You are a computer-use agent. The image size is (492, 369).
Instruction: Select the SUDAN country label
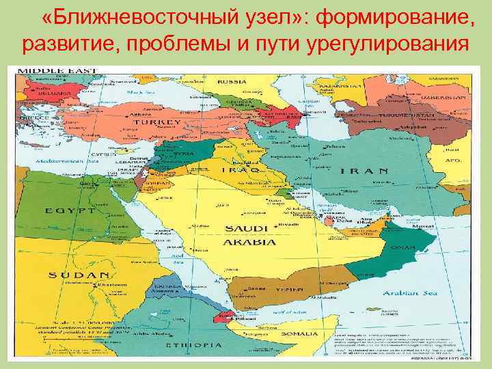click(x=74, y=275)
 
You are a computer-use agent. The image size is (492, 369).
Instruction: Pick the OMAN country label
click(x=403, y=249)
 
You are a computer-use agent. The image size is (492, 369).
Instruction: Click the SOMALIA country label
click(x=298, y=333)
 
